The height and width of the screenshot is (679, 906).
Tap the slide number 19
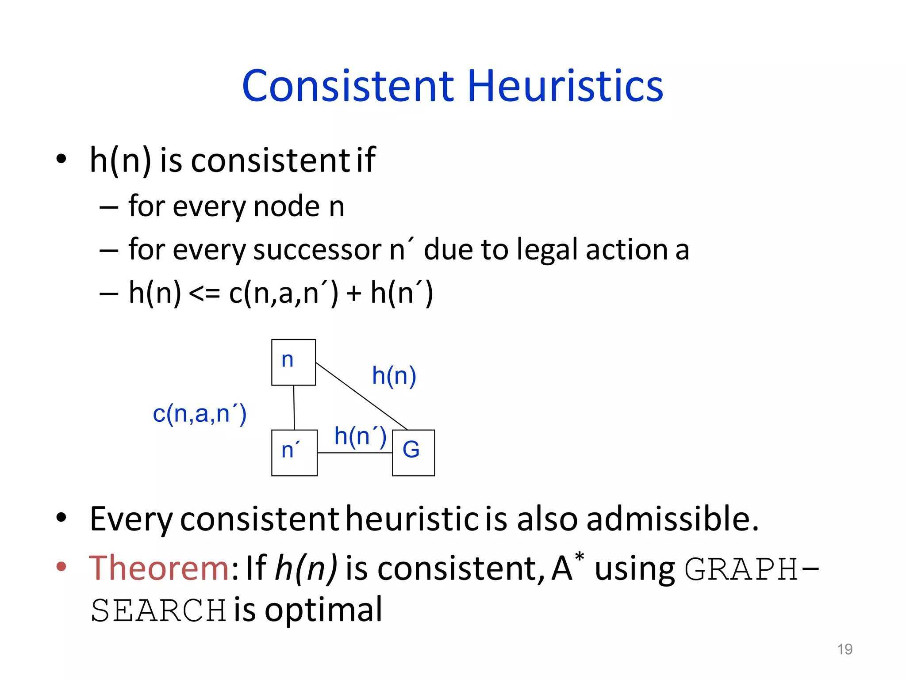pos(845,649)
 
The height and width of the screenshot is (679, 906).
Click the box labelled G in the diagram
pos(413,452)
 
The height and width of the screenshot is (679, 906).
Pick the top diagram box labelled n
pos(293,362)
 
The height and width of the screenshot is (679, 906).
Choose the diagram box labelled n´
pos(294,452)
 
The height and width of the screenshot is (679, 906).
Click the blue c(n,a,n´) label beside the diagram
pos(200,414)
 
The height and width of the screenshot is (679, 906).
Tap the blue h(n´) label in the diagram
pos(360,436)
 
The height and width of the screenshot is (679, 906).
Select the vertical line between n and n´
pos(294,407)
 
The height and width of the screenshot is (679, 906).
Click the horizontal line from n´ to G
pos(355,453)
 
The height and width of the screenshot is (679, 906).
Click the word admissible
pos(672,519)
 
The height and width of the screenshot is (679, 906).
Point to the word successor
pos(317,250)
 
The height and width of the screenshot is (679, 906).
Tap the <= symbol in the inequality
pos(204,294)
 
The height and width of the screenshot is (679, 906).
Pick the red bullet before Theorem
pos(61,567)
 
